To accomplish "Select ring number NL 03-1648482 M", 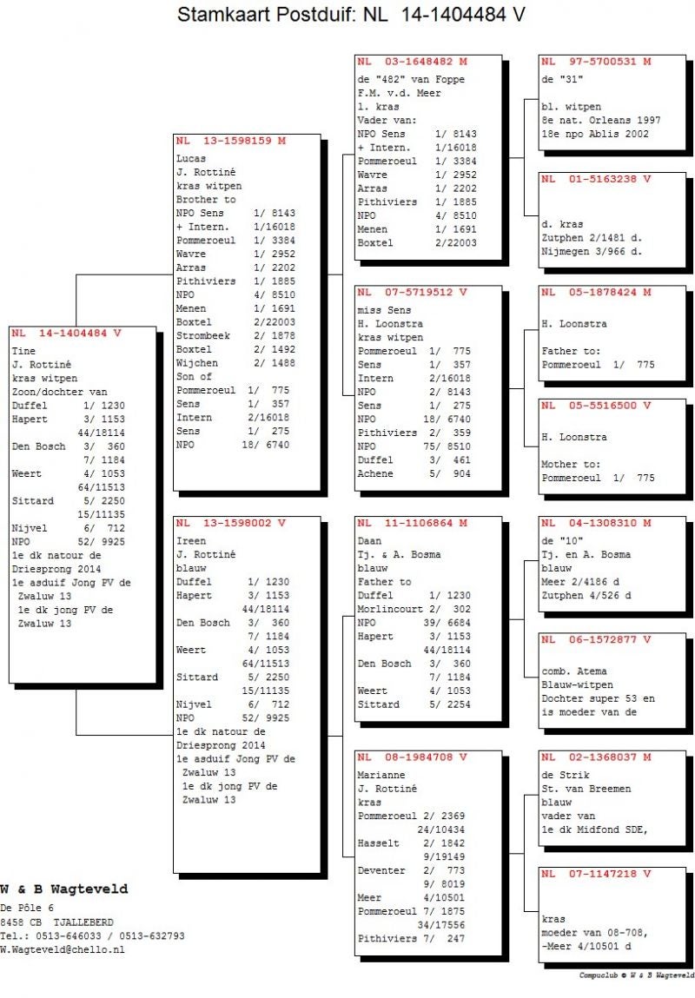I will [413, 62].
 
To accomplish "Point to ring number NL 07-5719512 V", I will [413, 292].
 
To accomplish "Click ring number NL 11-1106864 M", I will [413, 523].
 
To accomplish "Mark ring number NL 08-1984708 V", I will [413, 757].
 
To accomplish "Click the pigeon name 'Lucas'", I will [190, 159].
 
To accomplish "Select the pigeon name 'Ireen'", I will [190, 540].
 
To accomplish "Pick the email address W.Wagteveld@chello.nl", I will [63, 950].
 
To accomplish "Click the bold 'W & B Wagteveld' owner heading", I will [64, 889].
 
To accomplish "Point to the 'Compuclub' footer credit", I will [636, 975].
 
